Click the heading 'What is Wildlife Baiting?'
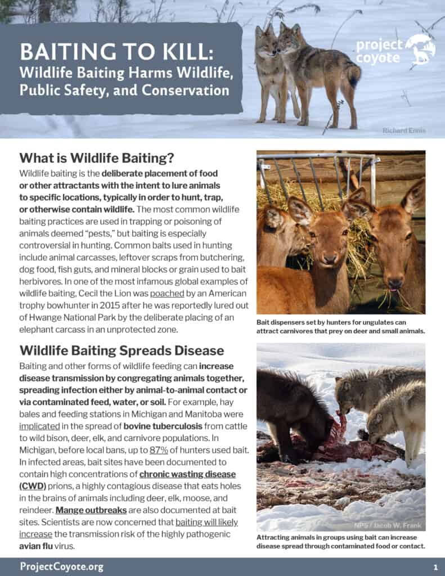97,157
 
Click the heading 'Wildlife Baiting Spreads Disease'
122,350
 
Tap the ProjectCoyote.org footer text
61,566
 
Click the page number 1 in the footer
435,566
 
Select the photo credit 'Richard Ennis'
404,130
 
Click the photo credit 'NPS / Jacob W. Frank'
392,525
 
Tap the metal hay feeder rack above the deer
315,169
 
